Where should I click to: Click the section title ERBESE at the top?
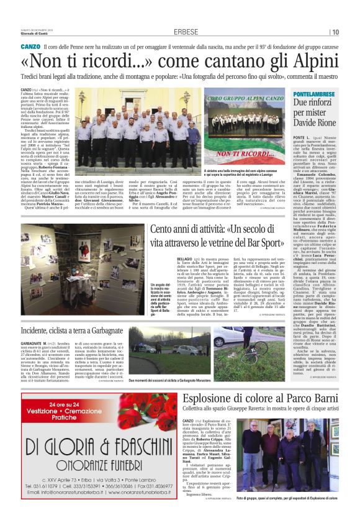click(186, 32)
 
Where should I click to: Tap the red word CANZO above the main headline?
click(30, 47)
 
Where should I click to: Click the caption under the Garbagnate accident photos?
click(177, 380)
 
